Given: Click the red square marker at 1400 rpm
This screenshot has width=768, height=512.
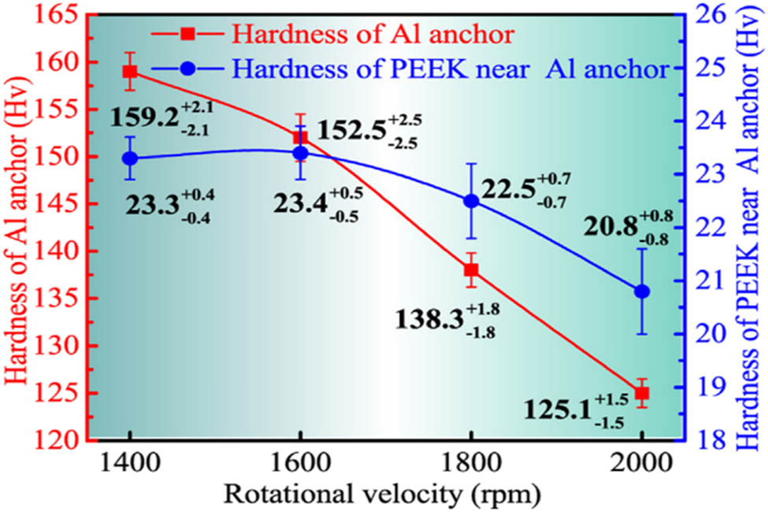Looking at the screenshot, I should [x=130, y=72].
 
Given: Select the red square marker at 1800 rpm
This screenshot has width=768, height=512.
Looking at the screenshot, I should [x=471, y=270].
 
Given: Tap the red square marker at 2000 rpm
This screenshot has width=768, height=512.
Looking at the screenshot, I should [x=642, y=392].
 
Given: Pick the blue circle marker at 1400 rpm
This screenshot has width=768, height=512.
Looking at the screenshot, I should [x=130, y=158].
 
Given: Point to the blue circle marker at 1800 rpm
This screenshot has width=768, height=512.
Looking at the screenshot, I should [x=471, y=201].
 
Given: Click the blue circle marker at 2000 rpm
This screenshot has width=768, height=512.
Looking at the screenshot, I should [x=642, y=291].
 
